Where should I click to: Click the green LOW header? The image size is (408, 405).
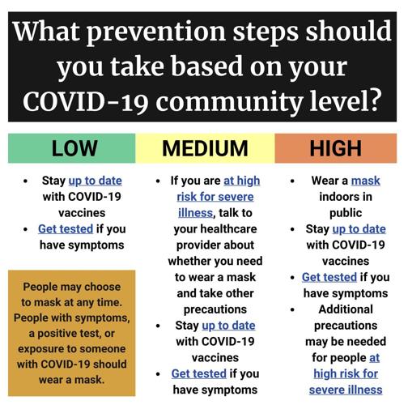coord(74,147)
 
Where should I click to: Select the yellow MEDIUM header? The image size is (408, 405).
coord(204,147)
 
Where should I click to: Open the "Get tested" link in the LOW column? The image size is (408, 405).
coord(66,228)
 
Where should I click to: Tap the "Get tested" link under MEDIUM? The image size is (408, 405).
coord(198,373)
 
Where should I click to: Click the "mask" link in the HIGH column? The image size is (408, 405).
coord(365,180)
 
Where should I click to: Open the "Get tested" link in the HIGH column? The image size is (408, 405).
coord(329,276)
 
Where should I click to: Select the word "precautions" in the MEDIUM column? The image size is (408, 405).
coord(216,309)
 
